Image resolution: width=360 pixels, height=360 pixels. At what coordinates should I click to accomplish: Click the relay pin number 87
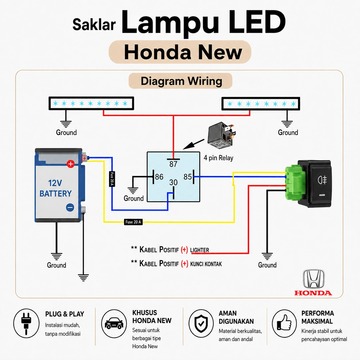point(173,164)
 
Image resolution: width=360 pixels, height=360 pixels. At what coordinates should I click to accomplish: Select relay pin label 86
point(159,177)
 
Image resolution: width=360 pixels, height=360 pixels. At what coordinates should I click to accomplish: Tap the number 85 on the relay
point(187,177)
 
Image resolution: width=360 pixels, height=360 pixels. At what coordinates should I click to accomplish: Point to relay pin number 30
point(173,183)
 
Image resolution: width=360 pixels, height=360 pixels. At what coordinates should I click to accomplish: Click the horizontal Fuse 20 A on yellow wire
point(133,222)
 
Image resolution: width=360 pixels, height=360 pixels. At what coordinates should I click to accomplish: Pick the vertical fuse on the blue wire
point(112,179)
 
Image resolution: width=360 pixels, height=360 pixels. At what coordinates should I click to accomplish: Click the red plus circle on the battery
point(71,164)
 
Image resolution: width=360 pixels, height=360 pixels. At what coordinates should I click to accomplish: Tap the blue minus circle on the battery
point(70,208)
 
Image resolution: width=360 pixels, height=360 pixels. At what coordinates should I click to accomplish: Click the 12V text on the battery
point(55,183)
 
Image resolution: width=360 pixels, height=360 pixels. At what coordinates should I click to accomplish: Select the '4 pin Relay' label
point(218,158)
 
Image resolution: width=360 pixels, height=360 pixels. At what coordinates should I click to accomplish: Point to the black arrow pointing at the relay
point(193,144)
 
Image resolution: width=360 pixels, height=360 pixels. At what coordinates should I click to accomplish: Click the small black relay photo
point(222,135)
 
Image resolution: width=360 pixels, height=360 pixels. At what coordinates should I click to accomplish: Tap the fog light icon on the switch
point(322,180)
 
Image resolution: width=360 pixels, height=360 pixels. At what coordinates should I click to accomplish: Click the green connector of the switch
point(295,183)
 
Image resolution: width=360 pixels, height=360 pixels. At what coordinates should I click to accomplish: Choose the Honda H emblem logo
point(314,279)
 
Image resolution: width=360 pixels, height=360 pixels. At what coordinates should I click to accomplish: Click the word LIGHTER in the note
point(200,250)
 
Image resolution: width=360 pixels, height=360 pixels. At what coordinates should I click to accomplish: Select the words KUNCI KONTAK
point(206,264)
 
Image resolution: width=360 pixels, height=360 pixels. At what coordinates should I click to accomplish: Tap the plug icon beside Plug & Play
point(26,324)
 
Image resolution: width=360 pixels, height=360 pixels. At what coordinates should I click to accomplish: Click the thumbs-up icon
point(284,323)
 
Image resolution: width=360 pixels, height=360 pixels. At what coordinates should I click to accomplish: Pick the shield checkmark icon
point(201,324)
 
